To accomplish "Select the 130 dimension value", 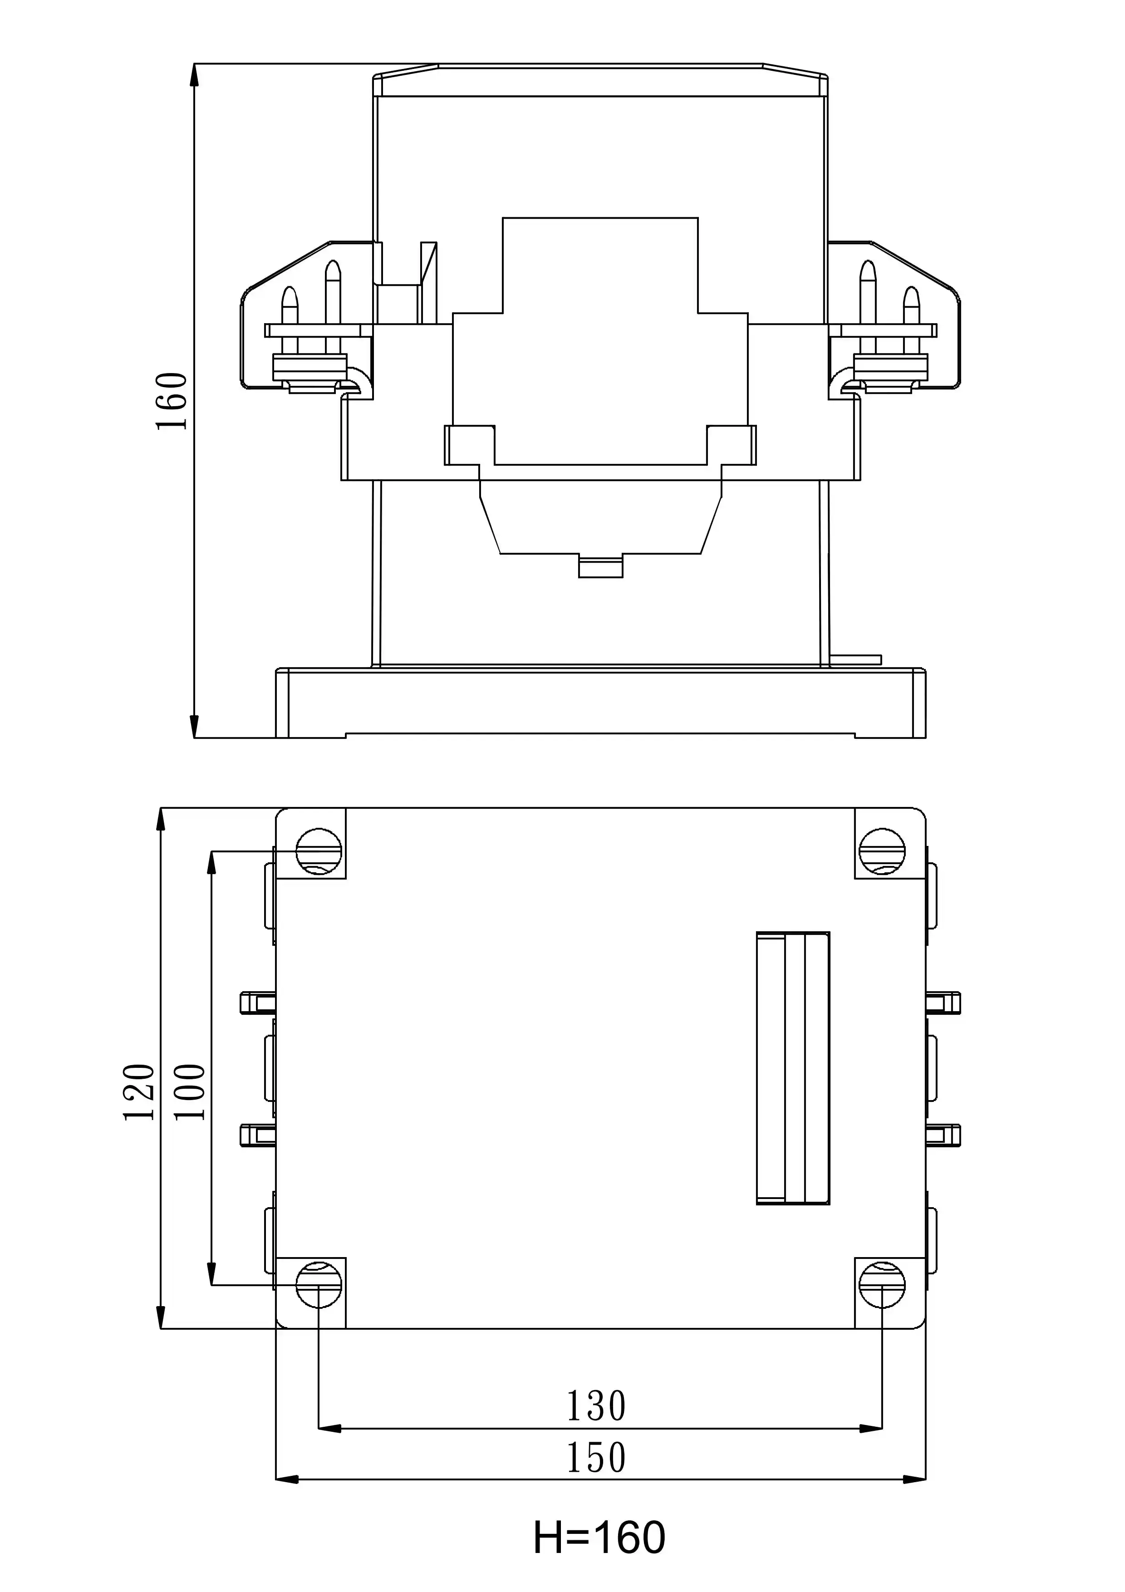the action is click(596, 1406).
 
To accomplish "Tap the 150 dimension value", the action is click(596, 1458).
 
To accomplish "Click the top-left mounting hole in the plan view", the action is click(319, 851).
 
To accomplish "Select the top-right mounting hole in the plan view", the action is click(882, 851).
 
